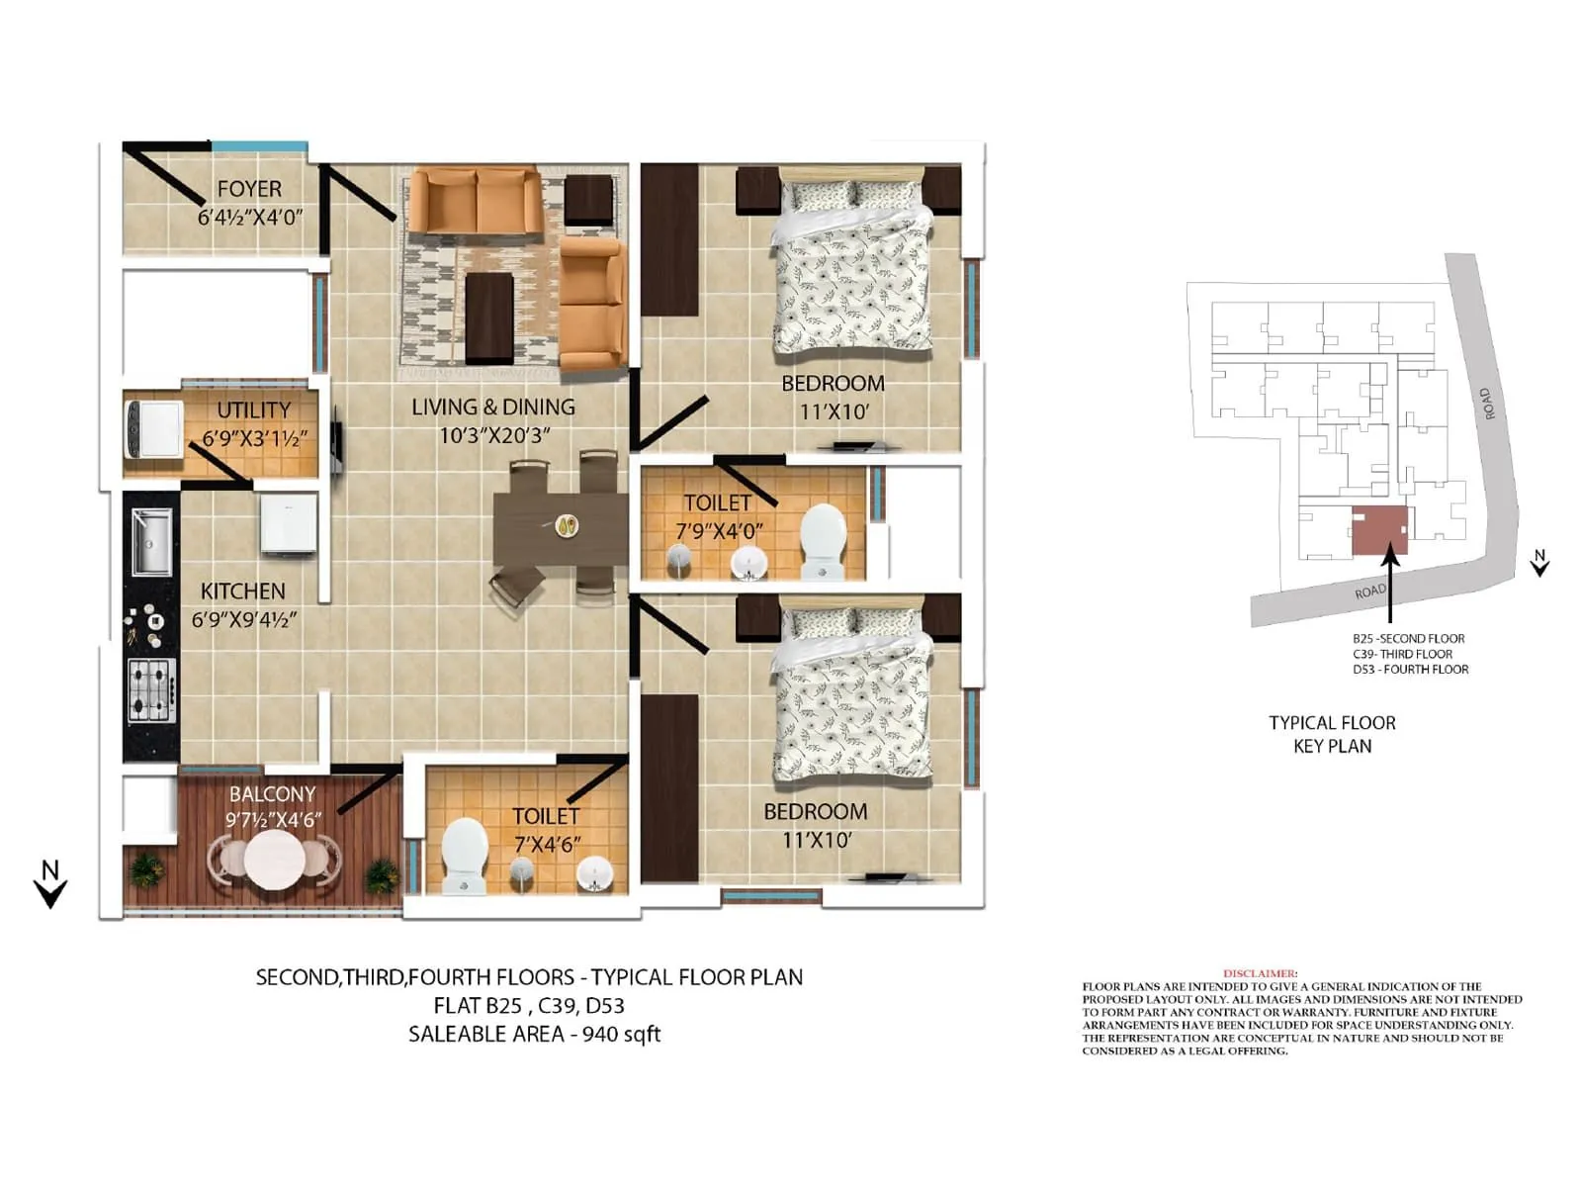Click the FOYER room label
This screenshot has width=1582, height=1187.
pos(249,188)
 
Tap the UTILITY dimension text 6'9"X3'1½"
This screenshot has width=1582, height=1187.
pos(255,438)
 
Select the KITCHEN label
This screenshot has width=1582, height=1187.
pos(242,591)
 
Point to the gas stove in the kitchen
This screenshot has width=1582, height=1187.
pos(151,688)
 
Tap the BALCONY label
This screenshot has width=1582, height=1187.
pos(272,794)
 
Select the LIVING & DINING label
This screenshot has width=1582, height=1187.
pos(492,407)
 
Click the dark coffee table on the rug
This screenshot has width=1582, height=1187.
pos(488,317)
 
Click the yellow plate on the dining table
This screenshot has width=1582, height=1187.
pos(567,526)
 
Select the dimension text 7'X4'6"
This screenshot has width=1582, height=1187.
pos(547,844)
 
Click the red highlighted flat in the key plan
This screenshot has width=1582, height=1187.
pos(1379,530)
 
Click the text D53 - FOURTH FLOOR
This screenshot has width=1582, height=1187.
pos(1410,670)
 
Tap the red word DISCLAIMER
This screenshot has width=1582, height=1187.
pos(1260,974)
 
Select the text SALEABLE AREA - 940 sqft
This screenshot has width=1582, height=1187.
pos(534,1035)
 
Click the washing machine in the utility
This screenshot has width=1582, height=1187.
pos(155,428)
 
